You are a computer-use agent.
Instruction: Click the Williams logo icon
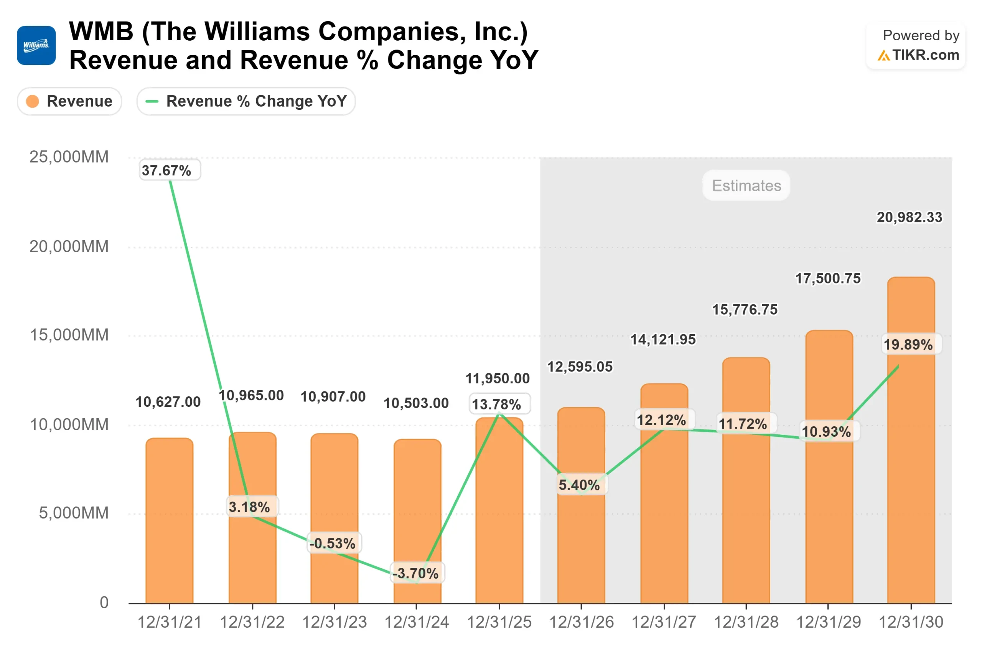pyautogui.click(x=36, y=46)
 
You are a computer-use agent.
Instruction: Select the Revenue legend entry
pyautogui.click(x=69, y=101)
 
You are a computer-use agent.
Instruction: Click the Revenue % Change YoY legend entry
pyautogui.click(x=246, y=101)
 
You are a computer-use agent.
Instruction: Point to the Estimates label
pyautogui.click(x=746, y=185)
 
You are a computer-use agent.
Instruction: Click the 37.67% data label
pyautogui.click(x=166, y=170)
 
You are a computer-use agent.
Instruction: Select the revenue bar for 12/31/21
pyautogui.click(x=170, y=522)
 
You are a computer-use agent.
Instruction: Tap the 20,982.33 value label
pyautogui.click(x=909, y=217)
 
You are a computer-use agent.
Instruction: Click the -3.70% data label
pyautogui.click(x=416, y=573)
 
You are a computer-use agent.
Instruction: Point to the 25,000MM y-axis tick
pyautogui.click(x=69, y=157)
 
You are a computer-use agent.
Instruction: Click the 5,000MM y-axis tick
pyautogui.click(x=74, y=513)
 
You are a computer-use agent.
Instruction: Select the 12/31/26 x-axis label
pyautogui.click(x=581, y=622)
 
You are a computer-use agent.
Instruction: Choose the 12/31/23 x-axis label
pyautogui.click(x=334, y=622)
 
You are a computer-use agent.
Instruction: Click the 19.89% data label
pyautogui.click(x=908, y=345)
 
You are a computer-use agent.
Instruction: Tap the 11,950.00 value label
pyautogui.click(x=497, y=378)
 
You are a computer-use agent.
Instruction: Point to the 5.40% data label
pyautogui.click(x=579, y=485)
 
